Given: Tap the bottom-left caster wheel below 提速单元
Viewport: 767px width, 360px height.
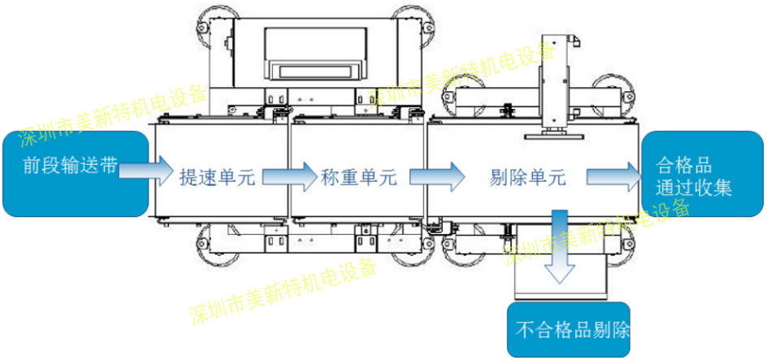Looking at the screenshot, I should [214, 249].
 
